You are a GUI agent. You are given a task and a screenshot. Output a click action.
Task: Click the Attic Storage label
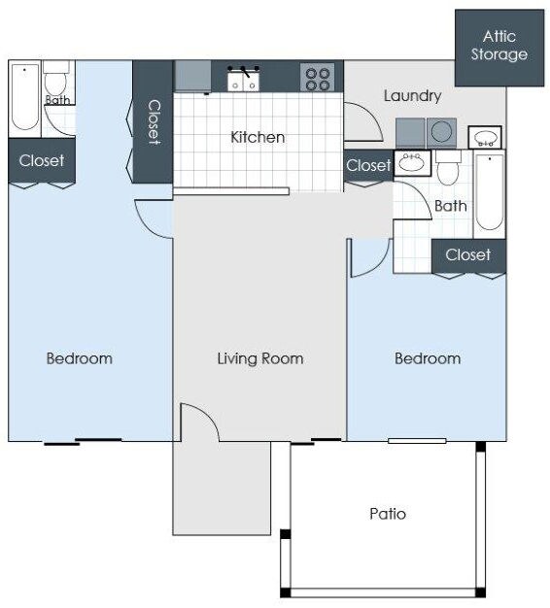[498, 46]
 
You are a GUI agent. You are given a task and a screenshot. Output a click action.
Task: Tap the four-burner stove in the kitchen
[317, 77]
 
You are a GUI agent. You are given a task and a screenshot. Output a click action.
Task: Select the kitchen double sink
[243, 78]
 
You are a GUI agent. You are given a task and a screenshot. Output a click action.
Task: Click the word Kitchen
[258, 137]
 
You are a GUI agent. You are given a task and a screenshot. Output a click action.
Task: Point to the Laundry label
[412, 96]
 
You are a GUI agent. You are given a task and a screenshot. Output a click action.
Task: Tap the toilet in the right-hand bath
[448, 171]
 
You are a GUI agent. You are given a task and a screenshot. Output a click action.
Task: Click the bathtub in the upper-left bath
[24, 97]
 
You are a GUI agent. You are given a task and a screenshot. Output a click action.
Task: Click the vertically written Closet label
[153, 121]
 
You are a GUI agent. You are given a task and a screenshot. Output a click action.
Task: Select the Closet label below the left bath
[42, 160]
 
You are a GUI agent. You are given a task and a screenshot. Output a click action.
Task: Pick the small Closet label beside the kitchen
[368, 166]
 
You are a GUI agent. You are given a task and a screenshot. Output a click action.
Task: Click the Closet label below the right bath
[468, 254]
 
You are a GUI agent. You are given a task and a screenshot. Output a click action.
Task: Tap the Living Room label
[259, 358]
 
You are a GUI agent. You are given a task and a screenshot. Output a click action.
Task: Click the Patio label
[388, 513]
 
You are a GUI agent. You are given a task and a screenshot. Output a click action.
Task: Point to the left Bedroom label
[80, 358]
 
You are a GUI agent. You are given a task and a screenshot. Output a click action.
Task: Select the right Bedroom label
[428, 358]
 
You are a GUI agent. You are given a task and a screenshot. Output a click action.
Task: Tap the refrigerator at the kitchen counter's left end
[192, 77]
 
